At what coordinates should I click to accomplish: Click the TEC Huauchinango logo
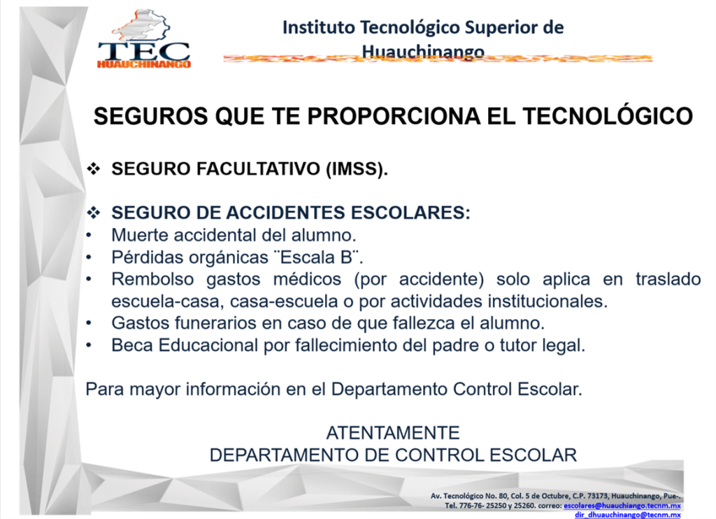(144, 40)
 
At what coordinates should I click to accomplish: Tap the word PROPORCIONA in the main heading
(393, 116)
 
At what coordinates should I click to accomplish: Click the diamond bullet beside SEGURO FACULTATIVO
(94, 169)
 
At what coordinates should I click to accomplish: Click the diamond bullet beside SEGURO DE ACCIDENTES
(94, 213)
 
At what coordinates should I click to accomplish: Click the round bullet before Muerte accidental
(89, 235)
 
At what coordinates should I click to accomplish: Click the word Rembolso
(152, 279)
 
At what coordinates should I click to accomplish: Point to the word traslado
(668, 279)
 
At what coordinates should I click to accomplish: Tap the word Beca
(132, 346)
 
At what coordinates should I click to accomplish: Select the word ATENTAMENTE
(393, 433)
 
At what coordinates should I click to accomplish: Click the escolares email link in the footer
(622, 506)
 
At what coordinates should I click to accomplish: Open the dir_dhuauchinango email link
(627, 514)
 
